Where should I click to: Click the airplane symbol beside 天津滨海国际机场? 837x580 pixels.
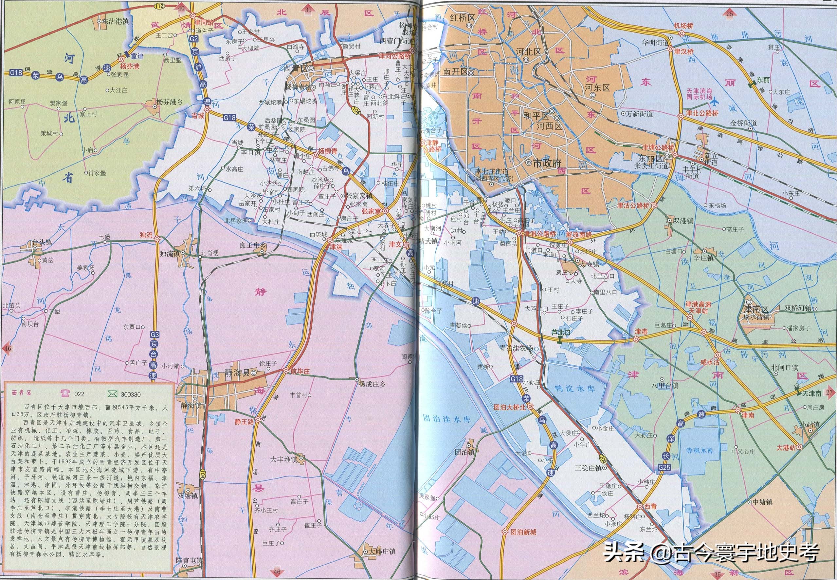(715, 100)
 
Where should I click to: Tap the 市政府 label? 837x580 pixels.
(547, 164)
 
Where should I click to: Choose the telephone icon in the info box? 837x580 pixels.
(66, 393)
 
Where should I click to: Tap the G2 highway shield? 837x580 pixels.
(194, 38)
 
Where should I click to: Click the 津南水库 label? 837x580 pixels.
(700, 450)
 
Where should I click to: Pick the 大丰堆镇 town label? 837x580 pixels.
(284, 459)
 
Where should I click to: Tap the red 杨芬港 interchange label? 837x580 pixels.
(130, 67)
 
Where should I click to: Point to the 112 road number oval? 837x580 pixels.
(169, 6)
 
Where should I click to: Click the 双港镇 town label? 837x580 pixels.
(683, 221)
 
